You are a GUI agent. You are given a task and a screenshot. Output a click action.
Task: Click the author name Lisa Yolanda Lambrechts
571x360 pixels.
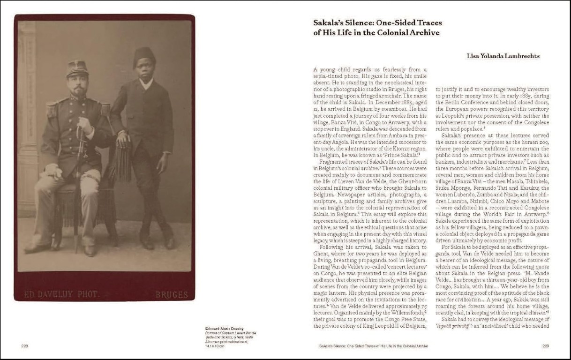click(503, 56)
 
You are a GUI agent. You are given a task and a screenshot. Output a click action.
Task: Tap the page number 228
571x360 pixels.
click(25, 346)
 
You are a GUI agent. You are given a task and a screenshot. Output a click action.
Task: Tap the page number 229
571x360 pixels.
click(546, 346)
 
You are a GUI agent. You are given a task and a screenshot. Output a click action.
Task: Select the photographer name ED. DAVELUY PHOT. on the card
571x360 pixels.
click(61, 294)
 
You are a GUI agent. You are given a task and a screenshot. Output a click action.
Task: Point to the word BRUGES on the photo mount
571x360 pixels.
click(172, 295)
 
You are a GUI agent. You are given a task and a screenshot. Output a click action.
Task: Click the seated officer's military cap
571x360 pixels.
click(77, 67)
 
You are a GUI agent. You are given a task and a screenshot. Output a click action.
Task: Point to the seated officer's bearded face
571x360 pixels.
click(78, 85)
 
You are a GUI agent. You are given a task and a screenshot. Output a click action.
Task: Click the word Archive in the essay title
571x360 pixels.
click(424, 33)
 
